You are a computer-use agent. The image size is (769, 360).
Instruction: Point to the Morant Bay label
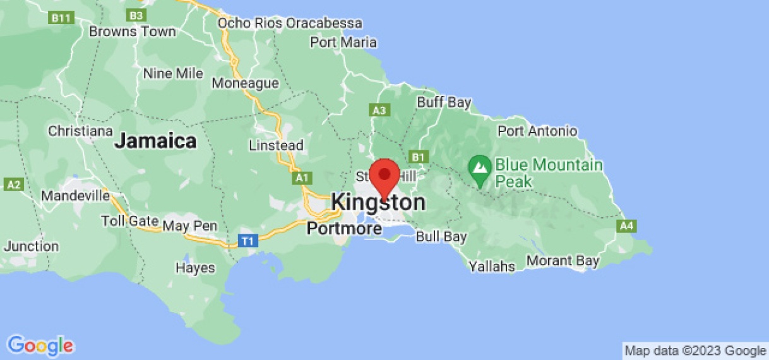563,260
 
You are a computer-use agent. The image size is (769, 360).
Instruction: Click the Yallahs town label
492,267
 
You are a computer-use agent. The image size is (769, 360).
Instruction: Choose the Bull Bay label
441,237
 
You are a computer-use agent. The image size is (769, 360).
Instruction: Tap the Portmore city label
344,228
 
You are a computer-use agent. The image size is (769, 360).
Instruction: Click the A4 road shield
627,225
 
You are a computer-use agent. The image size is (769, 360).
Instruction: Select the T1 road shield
248,241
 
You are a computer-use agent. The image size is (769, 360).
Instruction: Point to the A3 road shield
379,111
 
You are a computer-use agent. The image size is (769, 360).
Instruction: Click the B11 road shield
61,18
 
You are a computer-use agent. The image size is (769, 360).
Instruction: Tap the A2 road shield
13,184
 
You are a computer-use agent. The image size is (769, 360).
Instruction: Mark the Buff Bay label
444,102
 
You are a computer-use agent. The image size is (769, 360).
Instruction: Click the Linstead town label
276,145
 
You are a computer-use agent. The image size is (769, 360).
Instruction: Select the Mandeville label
76,196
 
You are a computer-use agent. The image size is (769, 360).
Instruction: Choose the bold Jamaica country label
155,141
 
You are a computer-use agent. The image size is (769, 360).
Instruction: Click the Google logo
41,345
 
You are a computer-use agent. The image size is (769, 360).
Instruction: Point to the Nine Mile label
173,73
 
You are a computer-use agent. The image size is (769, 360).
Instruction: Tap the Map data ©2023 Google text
695,351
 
